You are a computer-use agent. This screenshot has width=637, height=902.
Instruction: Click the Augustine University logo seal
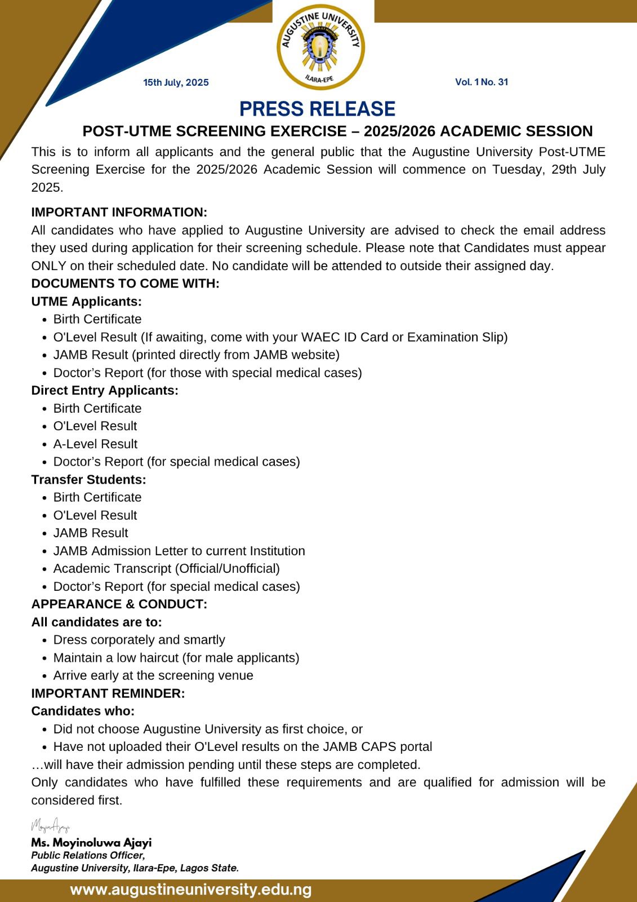point(320,47)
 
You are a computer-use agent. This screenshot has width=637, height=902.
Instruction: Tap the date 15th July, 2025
point(176,82)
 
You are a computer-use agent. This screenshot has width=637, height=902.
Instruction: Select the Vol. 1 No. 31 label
point(482,82)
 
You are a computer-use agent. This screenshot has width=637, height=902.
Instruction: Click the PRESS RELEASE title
point(318,109)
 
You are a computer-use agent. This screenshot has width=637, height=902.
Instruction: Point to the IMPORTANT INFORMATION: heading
point(119,213)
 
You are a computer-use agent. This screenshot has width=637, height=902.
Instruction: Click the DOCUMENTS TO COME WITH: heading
point(126,284)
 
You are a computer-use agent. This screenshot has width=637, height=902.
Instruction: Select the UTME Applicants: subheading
point(87,302)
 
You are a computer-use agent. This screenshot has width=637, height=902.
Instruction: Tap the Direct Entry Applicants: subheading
point(105,390)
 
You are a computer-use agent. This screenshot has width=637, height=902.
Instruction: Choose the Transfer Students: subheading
point(89,480)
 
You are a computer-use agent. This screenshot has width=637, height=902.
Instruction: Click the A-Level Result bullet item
point(95,444)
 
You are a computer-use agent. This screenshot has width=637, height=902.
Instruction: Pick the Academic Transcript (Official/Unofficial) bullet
point(167,568)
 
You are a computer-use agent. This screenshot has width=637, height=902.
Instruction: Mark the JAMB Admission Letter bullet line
point(179,551)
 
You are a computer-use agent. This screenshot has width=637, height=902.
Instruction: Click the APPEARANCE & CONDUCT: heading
point(119,604)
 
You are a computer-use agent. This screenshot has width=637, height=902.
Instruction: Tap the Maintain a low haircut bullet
point(176,658)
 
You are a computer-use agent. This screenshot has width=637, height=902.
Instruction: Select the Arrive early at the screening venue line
point(153,675)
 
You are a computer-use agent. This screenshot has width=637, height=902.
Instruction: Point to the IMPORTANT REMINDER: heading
point(108,693)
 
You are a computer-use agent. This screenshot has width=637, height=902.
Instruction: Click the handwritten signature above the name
point(51,826)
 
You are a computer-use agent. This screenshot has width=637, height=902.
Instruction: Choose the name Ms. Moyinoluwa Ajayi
point(91,843)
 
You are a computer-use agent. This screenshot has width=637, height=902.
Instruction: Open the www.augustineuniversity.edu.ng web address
point(191,890)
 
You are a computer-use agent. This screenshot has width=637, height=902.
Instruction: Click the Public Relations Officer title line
point(88,855)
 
